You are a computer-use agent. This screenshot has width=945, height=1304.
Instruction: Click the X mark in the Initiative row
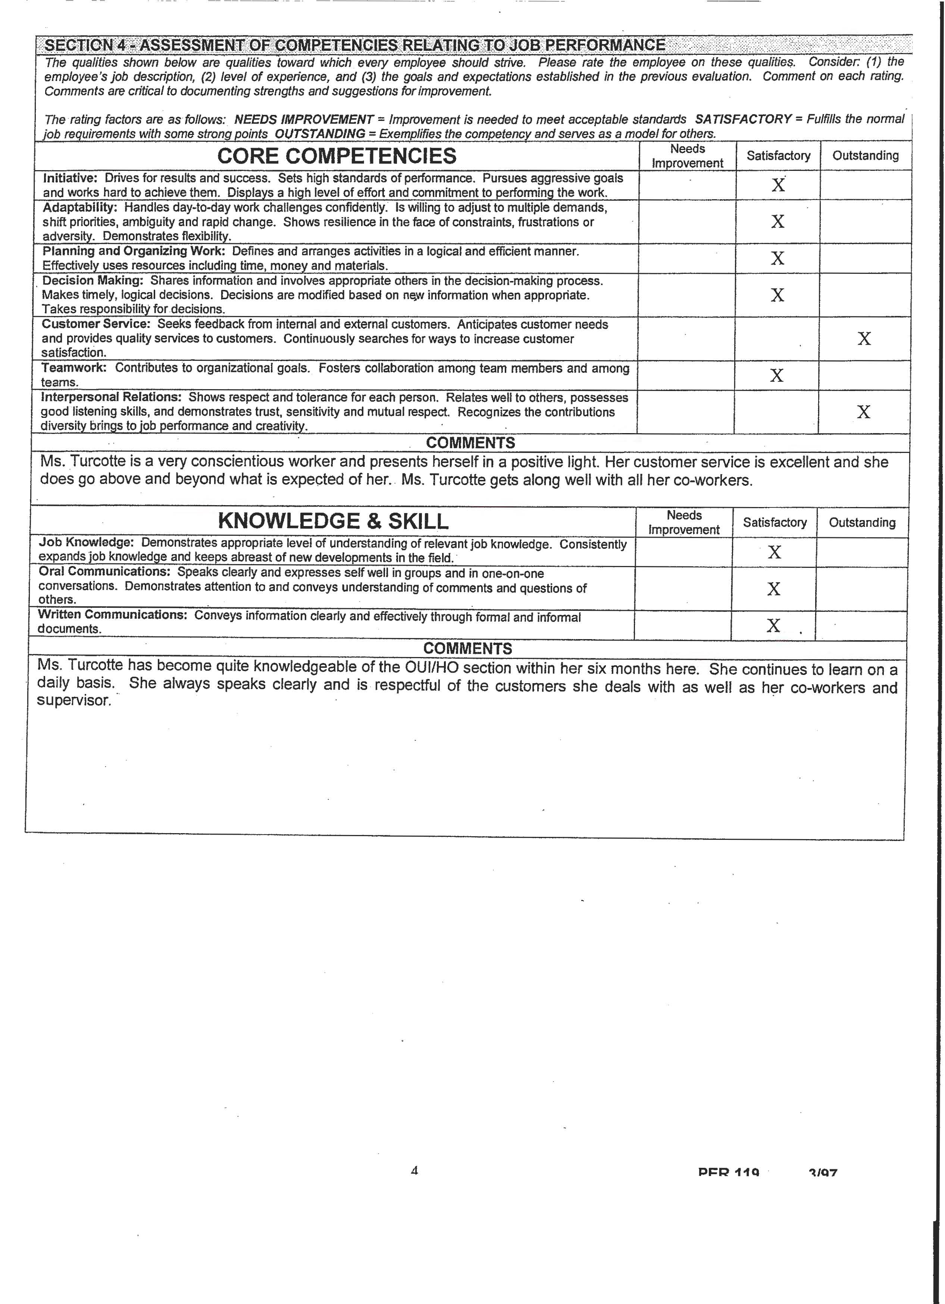coord(778,185)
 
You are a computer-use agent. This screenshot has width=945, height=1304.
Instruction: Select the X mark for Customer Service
coord(864,339)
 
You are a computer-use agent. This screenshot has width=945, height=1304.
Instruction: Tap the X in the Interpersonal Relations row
coord(863,412)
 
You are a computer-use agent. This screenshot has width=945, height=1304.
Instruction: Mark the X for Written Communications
coord(774,626)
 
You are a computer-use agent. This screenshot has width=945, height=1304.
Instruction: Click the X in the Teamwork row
coord(777,375)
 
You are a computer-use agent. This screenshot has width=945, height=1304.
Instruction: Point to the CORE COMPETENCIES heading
coord(337,156)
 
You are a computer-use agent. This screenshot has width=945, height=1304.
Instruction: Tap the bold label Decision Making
coord(93,281)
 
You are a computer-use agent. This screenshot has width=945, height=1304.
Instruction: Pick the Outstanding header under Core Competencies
coord(865,155)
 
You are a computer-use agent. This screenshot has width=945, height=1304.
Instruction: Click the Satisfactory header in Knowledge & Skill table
coord(774,522)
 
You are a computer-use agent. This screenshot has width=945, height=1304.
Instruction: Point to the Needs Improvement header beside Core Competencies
coord(688,156)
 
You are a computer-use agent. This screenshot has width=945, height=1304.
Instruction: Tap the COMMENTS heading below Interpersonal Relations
coord(470,443)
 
